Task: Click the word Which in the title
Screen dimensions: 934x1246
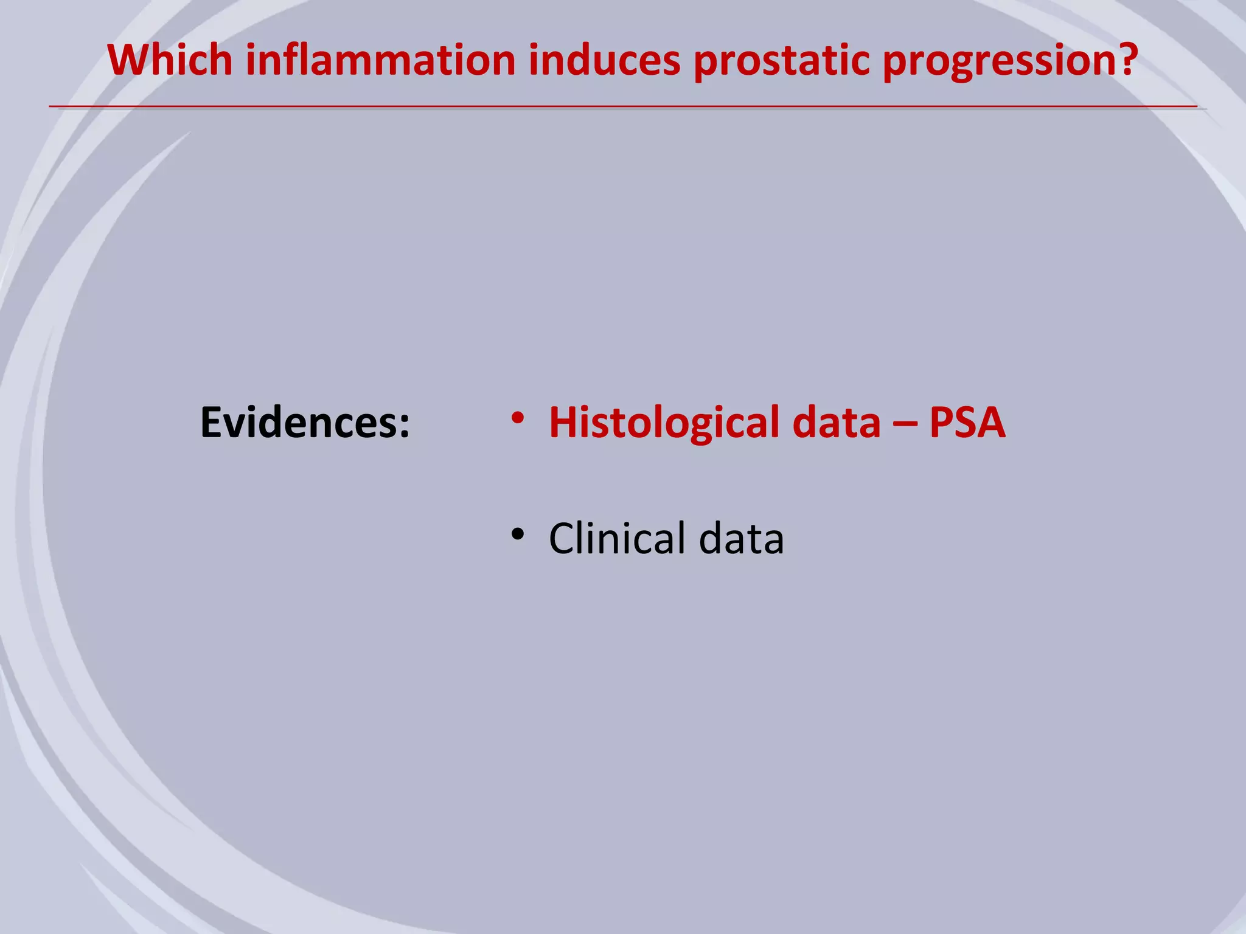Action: [170, 60]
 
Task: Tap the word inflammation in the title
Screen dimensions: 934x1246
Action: [380, 60]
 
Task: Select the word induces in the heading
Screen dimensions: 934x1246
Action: [604, 60]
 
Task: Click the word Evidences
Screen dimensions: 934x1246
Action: [298, 423]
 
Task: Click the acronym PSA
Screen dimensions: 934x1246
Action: [967, 423]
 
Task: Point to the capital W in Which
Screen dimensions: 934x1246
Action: [128, 60]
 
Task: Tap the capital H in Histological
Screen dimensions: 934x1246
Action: [563, 423]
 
